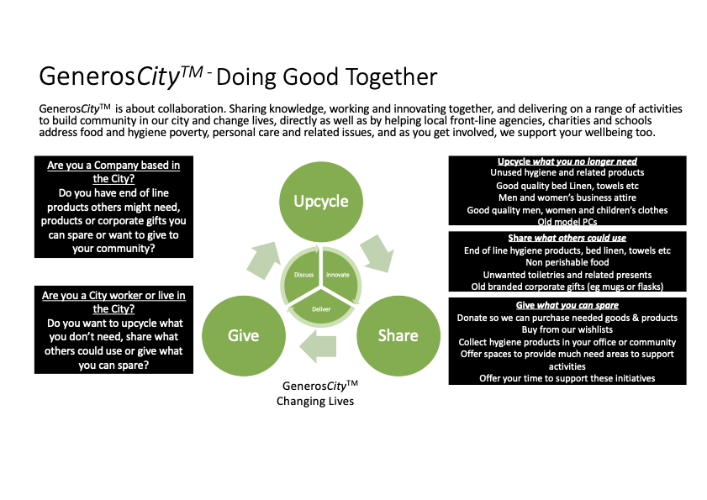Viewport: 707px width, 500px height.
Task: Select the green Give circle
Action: click(242, 335)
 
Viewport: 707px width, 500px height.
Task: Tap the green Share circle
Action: click(397, 335)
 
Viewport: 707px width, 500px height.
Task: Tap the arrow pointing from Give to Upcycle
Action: click(266, 254)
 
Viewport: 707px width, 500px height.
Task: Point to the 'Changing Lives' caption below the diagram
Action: click(315, 402)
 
